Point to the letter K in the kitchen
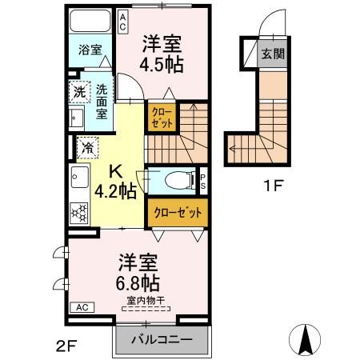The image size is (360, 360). [x=114, y=170]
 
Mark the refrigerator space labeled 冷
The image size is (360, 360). [x=87, y=147]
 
